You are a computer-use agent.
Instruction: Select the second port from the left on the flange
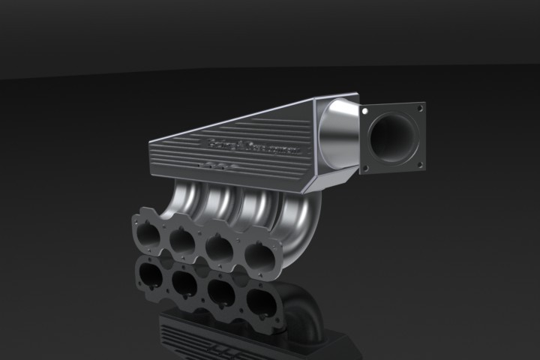pos(182,241)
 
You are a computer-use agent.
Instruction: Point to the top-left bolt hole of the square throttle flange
pos(365,110)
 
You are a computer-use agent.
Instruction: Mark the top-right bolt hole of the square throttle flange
pos(420,108)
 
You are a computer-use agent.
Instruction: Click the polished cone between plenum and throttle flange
pos(337,135)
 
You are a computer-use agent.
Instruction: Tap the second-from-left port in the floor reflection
pos(183,283)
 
